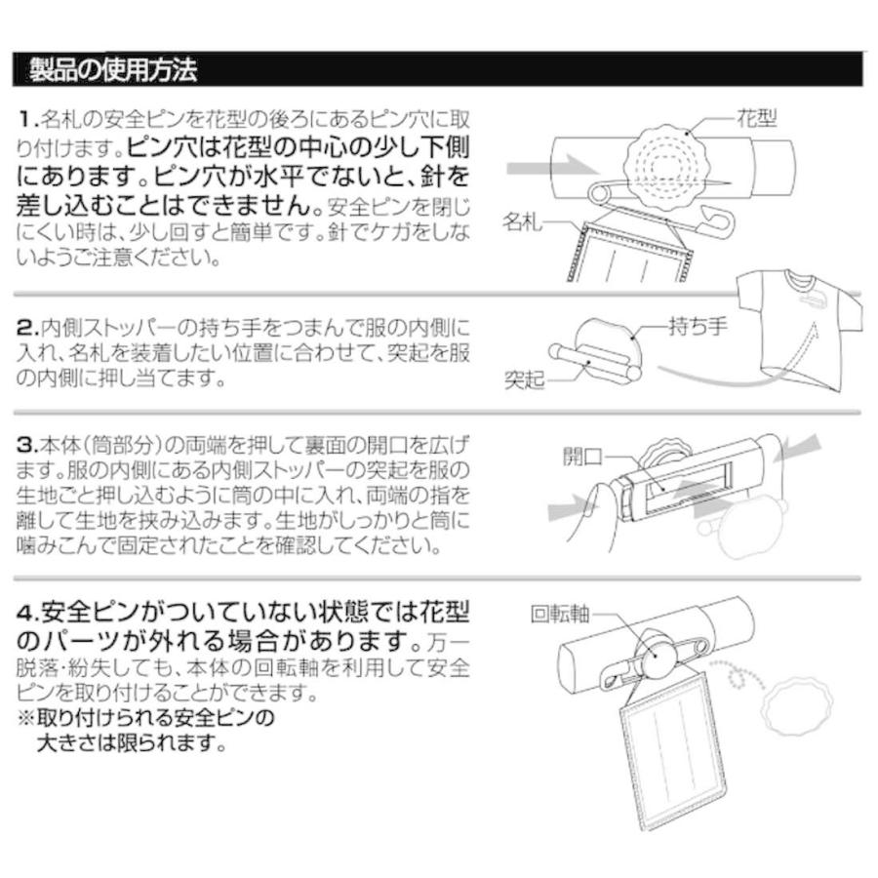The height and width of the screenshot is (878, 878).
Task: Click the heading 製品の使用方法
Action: (113, 71)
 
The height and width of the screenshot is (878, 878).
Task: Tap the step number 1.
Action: (26, 121)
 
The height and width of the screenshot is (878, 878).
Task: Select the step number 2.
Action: (27, 328)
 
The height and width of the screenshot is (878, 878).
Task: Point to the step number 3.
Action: (27, 446)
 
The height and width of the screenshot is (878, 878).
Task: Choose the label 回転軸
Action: (559, 616)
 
